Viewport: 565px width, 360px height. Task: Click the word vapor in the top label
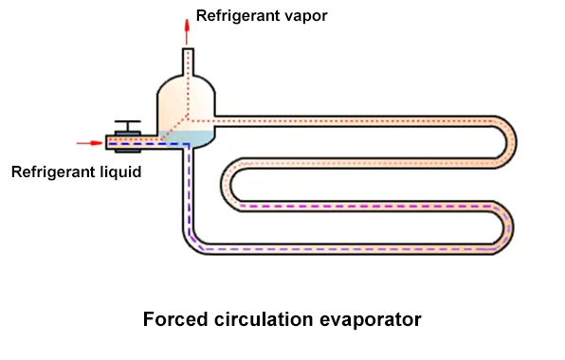pos(303,16)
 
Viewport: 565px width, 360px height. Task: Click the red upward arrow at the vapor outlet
pos(187,24)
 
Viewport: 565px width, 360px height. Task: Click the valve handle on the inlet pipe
pos(125,123)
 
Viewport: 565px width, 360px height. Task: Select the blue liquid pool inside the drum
pos(193,139)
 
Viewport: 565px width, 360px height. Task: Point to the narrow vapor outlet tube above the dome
pos(188,63)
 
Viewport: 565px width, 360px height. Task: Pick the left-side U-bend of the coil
pos(228,185)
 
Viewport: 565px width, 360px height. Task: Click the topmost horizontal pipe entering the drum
pos(351,120)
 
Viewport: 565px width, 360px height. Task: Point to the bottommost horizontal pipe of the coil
pos(351,249)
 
